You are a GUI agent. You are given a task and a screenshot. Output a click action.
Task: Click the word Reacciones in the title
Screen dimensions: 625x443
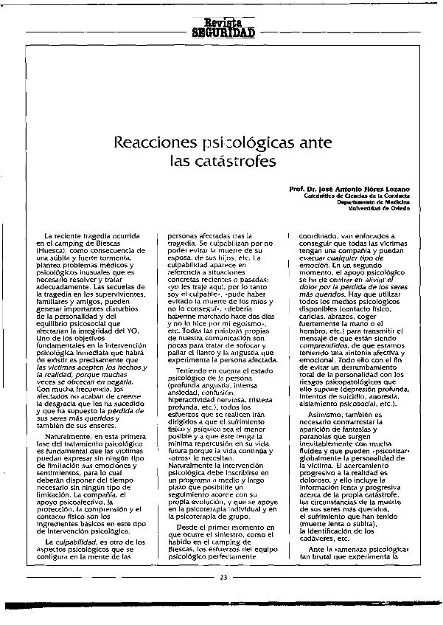coord(150,141)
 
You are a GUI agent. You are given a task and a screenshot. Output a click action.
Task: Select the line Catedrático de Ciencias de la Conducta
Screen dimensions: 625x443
coord(357,196)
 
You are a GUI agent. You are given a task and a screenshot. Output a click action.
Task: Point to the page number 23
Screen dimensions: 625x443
coord(223,577)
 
